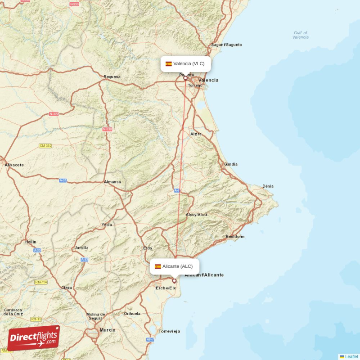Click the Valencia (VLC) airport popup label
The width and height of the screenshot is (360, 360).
[185, 64]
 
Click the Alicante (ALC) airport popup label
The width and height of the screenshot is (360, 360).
[175, 266]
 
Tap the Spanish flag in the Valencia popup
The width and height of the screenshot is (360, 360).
[169, 64]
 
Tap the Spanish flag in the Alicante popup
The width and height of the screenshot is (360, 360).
[157, 266]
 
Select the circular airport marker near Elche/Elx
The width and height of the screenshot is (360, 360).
[174, 281]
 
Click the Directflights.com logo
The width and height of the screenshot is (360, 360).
[34, 338]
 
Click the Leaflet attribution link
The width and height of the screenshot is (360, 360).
[351, 357]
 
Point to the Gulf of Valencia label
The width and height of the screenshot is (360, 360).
[301, 35]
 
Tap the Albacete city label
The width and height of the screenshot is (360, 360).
[14, 165]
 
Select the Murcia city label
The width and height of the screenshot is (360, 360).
[108, 330]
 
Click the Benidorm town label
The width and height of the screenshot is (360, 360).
[235, 237]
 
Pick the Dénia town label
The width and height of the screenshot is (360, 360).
[268, 186]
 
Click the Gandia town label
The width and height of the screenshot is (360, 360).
[231, 164]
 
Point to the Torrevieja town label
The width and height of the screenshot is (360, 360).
[169, 331]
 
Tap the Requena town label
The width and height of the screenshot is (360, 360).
[112, 76]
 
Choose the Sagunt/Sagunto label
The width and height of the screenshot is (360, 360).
[226, 45]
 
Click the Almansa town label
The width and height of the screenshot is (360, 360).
[112, 182]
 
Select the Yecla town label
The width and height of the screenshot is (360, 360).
[107, 225]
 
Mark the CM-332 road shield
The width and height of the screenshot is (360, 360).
[45, 146]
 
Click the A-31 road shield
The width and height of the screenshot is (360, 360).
[63, 180]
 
